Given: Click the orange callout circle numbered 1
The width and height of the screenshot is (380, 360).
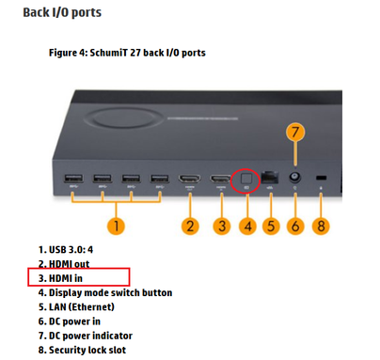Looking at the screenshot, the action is [116, 226].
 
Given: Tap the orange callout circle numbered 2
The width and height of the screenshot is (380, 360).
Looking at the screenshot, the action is [190, 226].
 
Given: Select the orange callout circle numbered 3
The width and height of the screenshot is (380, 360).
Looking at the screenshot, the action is [222, 226].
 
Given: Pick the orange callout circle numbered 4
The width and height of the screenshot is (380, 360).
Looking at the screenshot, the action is [247, 226].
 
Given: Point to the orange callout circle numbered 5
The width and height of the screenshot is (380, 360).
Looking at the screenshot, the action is [271, 226].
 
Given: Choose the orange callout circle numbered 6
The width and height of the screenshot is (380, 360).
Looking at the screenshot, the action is [295, 226].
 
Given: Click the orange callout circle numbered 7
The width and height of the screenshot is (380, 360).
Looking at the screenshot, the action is [295, 132].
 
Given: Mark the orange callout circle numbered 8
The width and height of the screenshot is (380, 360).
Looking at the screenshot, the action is [321, 226].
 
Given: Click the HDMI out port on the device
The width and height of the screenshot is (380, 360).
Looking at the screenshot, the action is [190, 179].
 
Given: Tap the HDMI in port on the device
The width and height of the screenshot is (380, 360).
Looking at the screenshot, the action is [221, 179].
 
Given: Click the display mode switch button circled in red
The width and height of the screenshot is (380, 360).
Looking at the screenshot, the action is [246, 179].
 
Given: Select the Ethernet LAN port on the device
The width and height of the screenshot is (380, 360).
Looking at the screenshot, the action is [270, 178].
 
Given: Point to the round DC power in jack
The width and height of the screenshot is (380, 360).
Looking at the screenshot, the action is [294, 178].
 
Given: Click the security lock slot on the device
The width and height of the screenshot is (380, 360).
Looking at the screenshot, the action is [321, 178].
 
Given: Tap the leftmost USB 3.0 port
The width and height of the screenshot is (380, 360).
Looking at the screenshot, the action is [73, 179].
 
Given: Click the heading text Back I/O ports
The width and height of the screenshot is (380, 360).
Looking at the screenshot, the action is [62, 12].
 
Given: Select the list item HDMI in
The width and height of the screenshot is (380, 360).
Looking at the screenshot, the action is [60, 278].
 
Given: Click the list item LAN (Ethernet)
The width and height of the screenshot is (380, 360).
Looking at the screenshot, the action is [76, 306].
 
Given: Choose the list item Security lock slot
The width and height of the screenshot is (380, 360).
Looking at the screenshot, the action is [82, 350].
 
